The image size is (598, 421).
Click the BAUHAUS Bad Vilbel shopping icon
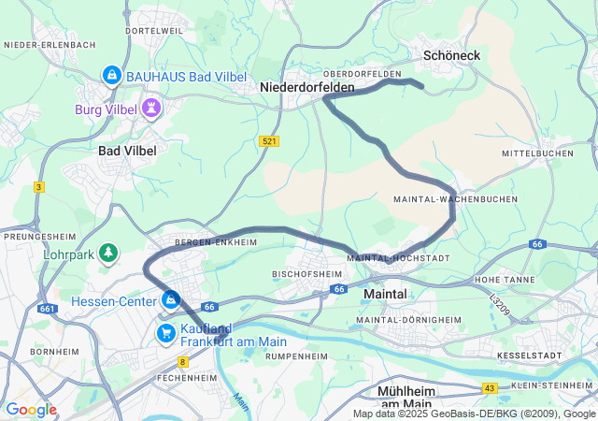tap(111, 74)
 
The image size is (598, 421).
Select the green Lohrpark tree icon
tap(109, 253)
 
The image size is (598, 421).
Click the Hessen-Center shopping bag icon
tap(171, 300)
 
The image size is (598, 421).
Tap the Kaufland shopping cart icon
tap(166, 333)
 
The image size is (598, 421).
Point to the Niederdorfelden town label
tap(307, 87)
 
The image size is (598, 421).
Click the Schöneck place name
tap(451, 56)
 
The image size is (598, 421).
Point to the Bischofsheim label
tap(301, 274)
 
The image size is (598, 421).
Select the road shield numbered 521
tap(269, 141)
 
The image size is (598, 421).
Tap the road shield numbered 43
tap(489, 387)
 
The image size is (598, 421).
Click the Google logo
tap(31, 410)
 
